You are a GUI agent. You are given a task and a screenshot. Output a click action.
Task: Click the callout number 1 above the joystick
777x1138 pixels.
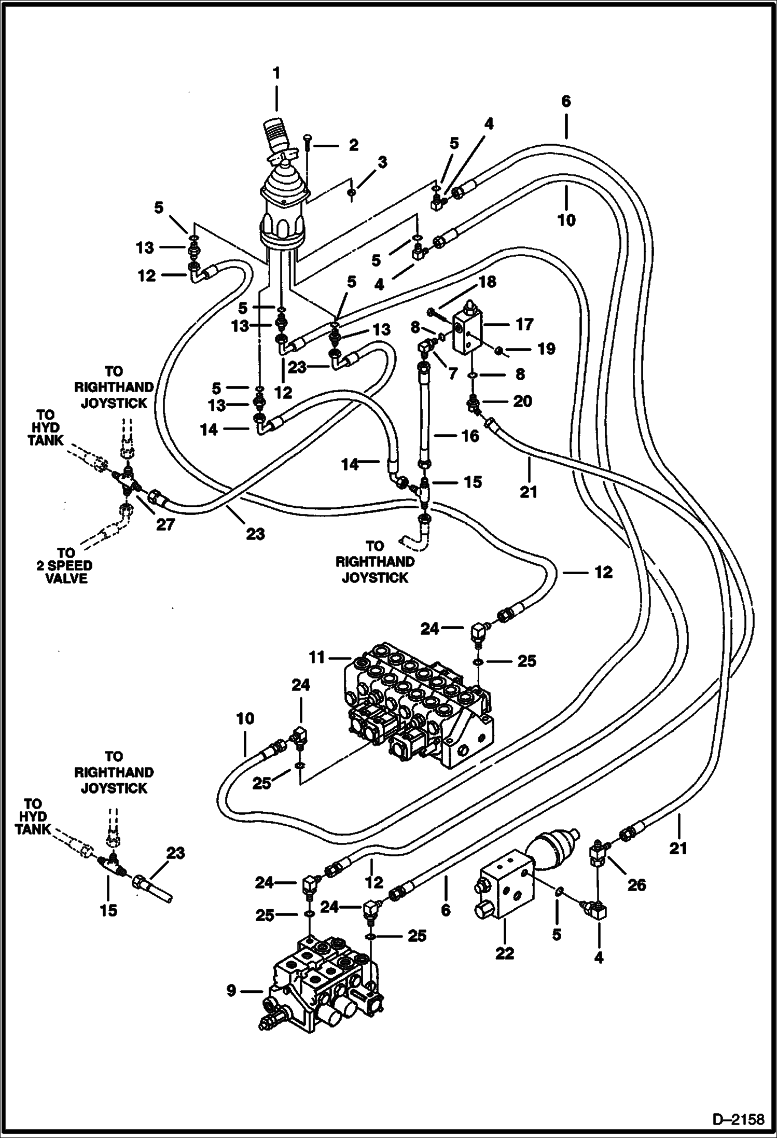(x=276, y=73)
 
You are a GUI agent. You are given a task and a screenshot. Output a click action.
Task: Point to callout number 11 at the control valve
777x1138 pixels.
(x=317, y=658)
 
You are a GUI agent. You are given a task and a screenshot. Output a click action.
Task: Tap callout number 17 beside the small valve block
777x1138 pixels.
(x=524, y=325)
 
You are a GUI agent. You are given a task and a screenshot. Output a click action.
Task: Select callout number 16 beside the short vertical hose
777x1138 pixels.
(x=470, y=436)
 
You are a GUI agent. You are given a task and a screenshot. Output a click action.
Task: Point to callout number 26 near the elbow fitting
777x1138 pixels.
(x=636, y=885)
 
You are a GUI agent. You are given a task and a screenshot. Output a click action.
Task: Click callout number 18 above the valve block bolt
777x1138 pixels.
(x=488, y=282)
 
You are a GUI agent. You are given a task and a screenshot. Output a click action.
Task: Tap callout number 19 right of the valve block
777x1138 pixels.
(x=546, y=349)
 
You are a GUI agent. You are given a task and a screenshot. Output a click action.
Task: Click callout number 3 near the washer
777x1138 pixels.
(x=382, y=162)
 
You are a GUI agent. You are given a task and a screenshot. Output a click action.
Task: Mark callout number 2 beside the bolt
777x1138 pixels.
(x=353, y=145)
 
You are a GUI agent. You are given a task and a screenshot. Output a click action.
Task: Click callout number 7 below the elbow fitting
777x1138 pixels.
(x=452, y=373)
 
